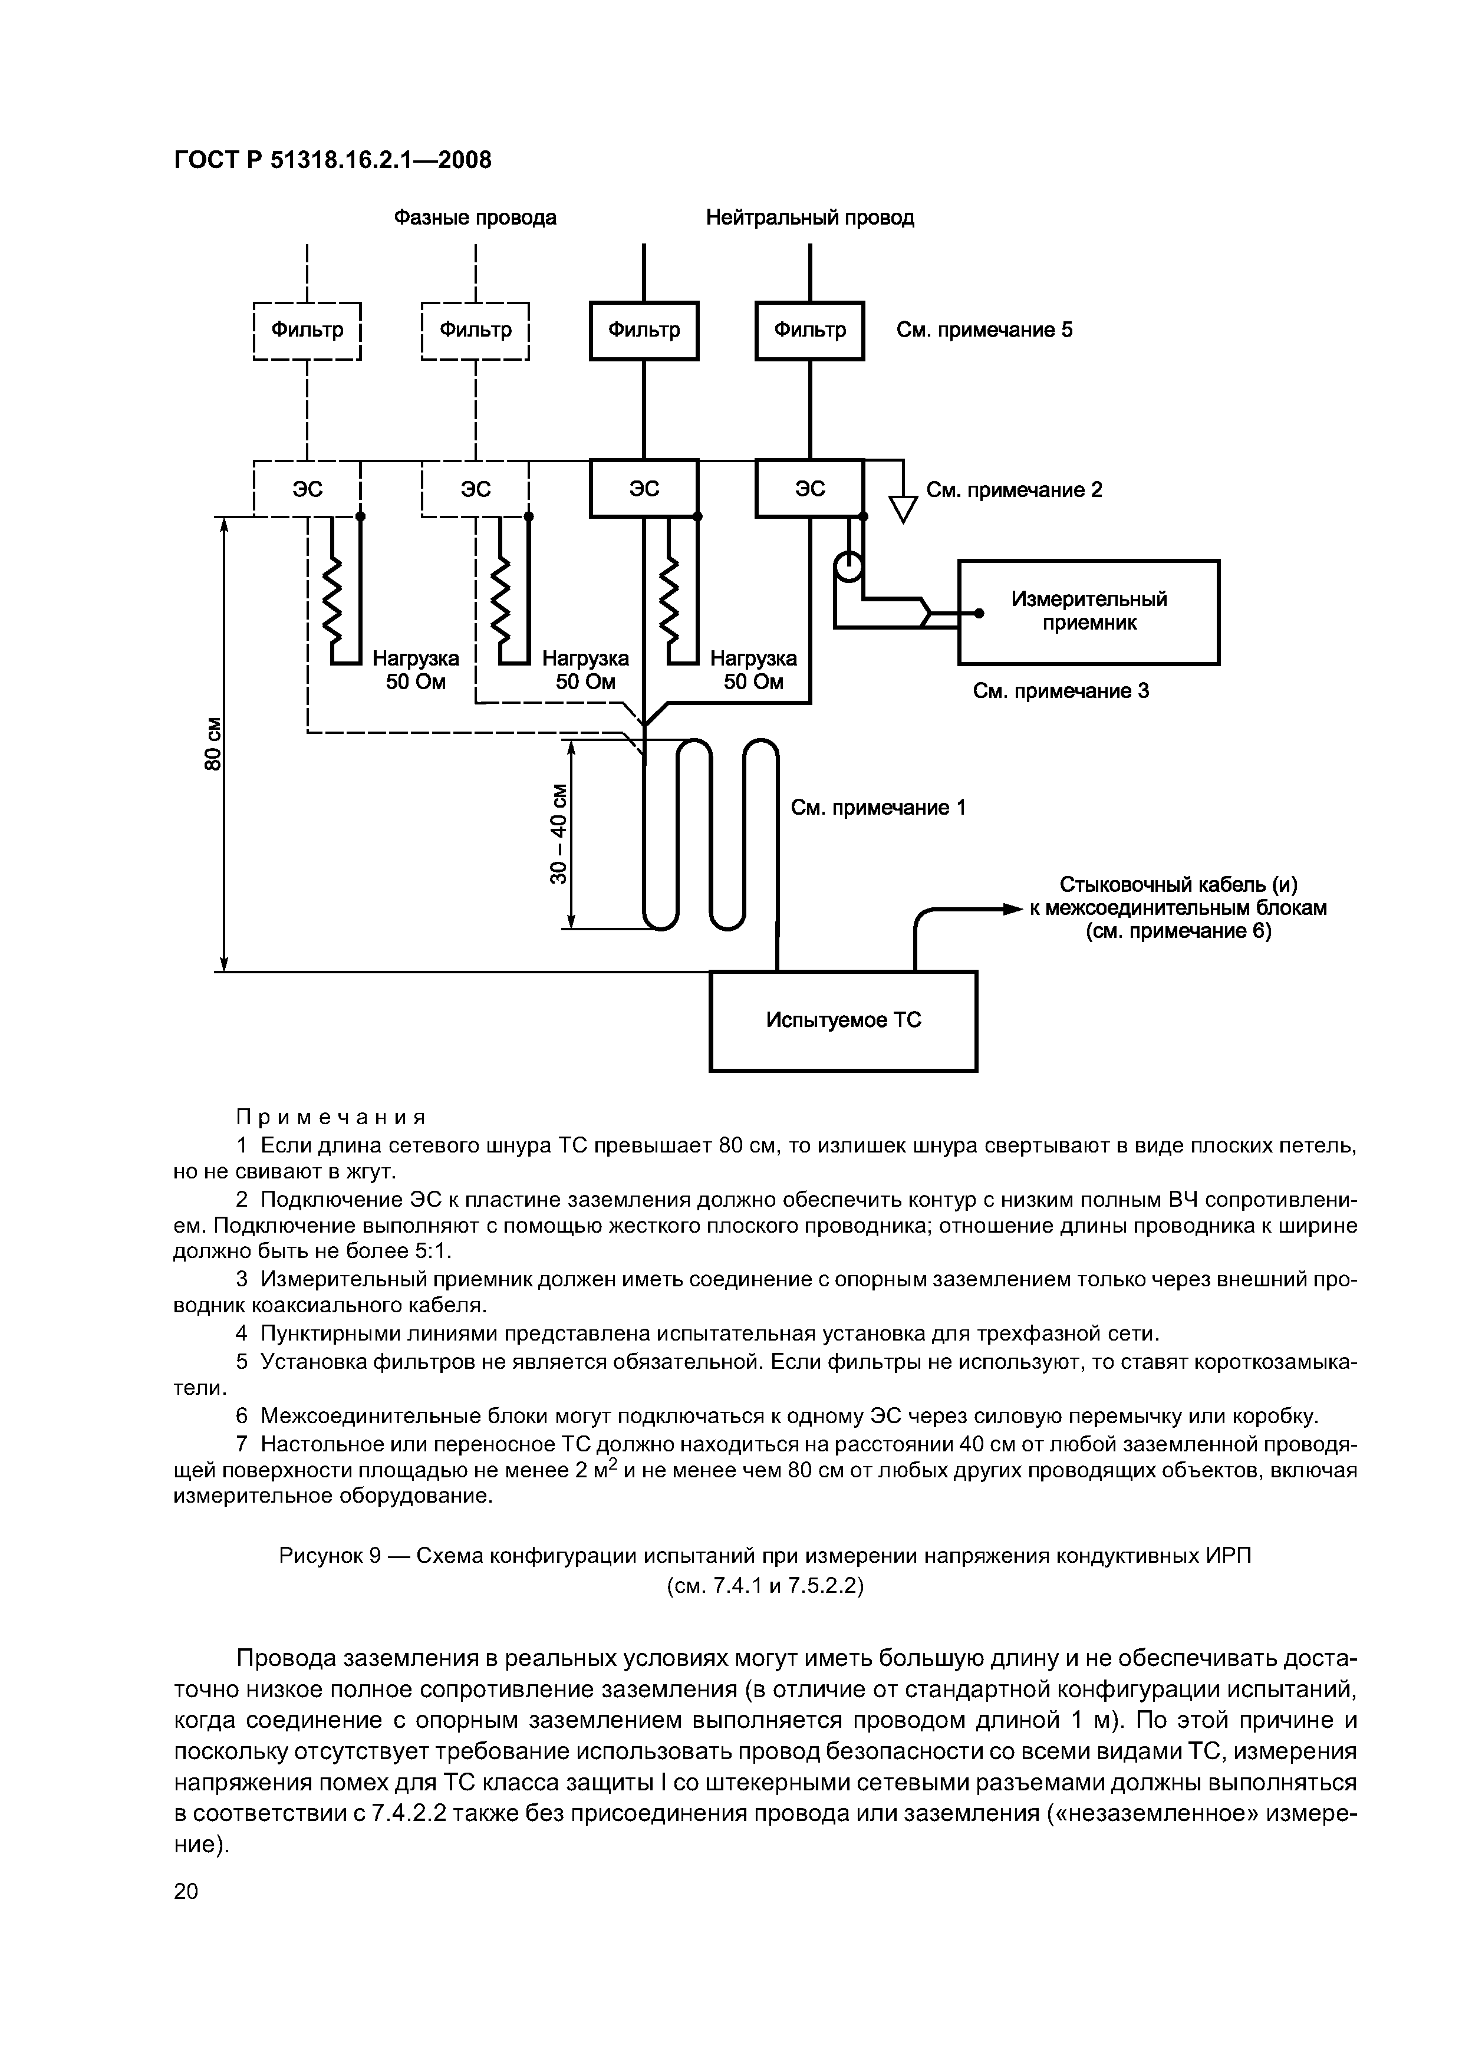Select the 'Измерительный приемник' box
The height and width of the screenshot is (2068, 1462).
pyautogui.click(x=1088, y=611)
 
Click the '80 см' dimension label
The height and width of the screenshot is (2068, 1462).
pyautogui.click(x=213, y=744)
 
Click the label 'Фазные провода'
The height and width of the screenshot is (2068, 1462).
pyautogui.click(x=475, y=218)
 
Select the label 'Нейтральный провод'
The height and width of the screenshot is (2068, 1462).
pyautogui.click(x=810, y=218)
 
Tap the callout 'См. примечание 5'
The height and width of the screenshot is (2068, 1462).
pyautogui.click(x=984, y=330)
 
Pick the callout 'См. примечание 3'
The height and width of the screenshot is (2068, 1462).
pyautogui.click(x=1060, y=691)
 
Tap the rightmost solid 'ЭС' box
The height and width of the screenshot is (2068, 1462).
pyautogui.click(x=810, y=488)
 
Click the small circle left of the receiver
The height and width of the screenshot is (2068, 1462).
pyautogui.click(x=848, y=568)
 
